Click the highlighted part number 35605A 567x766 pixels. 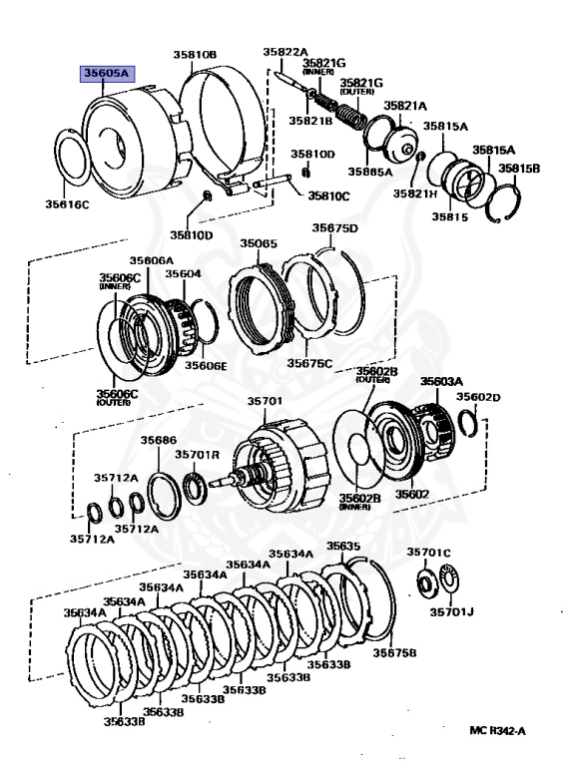(x=107, y=73)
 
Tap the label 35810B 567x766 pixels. (x=195, y=54)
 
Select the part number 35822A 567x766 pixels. (x=285, y=52)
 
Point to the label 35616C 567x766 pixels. (x=68, y=204)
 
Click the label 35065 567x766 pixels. (x=259, y=243)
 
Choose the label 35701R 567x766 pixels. (x=197, y=455)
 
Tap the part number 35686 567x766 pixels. (x=159, y=440)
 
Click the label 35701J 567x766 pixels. (x=452, y=611)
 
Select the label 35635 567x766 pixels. (x=343, y=546)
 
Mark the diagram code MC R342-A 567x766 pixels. (x=497, y=731)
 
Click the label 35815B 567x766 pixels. (x=519, y=168)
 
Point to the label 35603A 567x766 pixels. (x=442, y=381)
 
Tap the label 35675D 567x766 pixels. (x=334, y=228)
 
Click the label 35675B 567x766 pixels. (x=394, y=652)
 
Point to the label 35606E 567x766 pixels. (x=206, y=365)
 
